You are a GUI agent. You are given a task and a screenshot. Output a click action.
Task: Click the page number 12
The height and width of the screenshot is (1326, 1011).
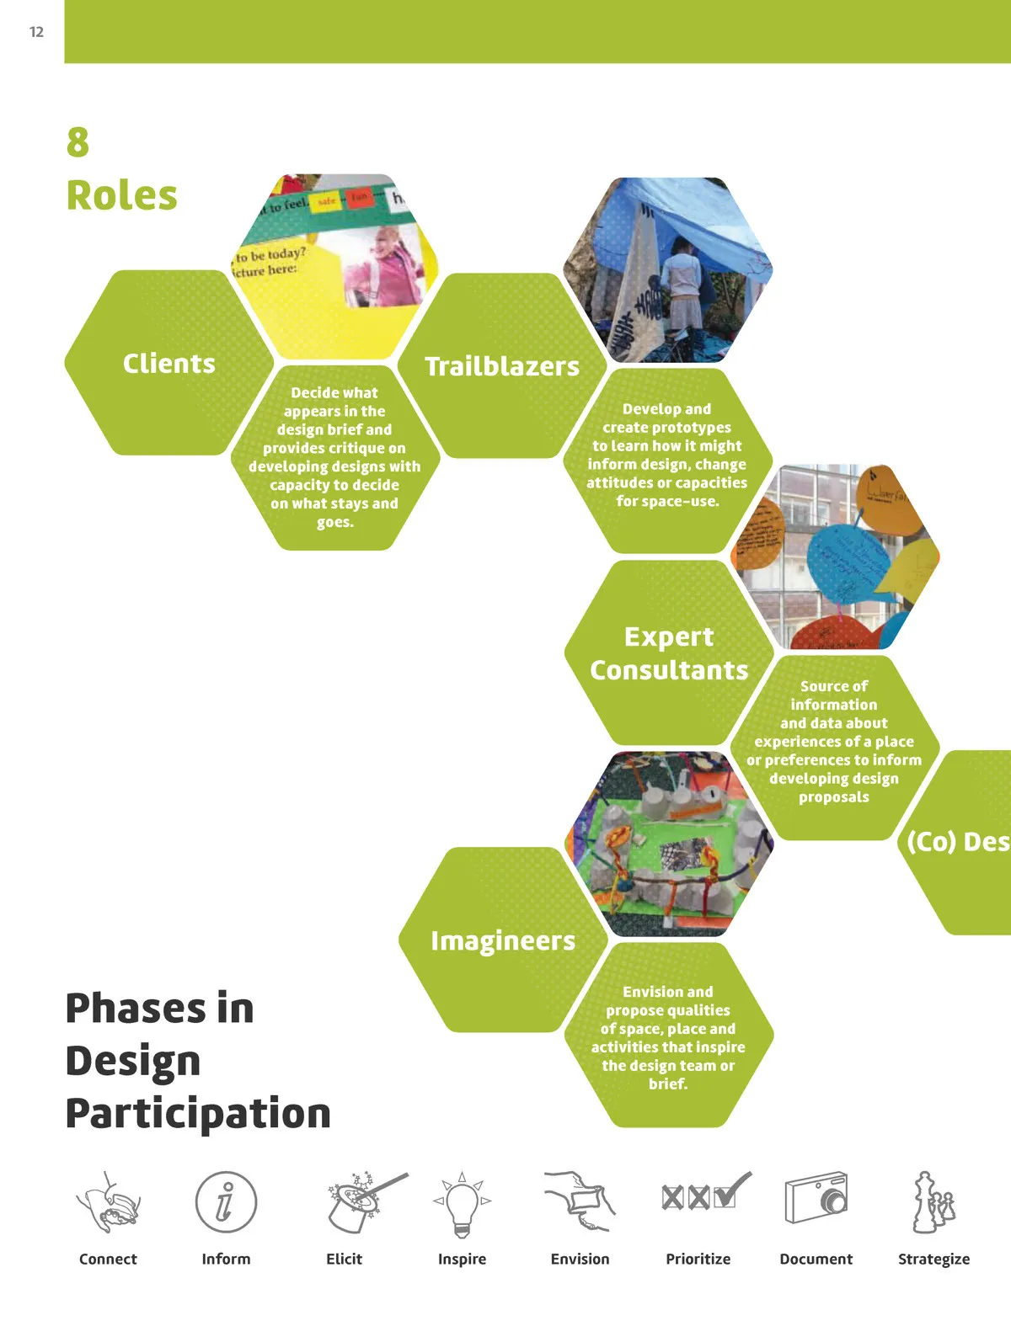[36, 32]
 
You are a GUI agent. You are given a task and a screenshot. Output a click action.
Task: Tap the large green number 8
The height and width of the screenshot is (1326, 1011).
[78, 142]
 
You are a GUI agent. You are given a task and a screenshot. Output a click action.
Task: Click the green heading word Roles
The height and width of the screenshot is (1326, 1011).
[121, 195]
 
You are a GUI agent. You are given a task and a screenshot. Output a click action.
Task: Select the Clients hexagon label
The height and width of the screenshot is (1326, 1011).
[168, 364]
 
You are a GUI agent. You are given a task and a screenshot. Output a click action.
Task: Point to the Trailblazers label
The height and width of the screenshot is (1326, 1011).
[502, 366]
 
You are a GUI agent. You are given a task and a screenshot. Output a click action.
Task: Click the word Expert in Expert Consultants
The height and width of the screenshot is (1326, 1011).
[668, 637]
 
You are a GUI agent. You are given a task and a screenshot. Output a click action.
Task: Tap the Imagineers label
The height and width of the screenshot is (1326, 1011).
[503, 940]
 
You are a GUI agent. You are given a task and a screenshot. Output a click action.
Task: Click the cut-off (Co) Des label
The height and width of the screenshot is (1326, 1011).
[958, 842]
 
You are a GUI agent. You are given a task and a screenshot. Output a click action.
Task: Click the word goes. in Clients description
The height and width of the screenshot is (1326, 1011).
[334, 523]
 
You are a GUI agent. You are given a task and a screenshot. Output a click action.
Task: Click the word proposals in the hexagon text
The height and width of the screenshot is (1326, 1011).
[833, 797]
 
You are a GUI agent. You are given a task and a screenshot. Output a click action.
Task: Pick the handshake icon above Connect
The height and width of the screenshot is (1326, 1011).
[108, 1203]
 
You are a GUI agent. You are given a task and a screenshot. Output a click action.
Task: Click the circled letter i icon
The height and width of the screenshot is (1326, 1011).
[225, 1201]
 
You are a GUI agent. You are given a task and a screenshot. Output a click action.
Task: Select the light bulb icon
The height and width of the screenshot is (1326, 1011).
[462, 1205]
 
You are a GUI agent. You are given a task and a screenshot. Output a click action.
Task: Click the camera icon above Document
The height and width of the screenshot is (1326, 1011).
[816, 1198]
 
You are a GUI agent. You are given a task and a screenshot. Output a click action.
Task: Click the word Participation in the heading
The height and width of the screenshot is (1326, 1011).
[198, 1113]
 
